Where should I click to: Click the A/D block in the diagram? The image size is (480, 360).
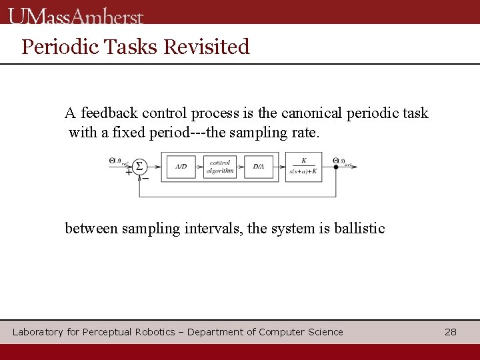181,166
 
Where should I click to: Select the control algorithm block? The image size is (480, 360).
219,166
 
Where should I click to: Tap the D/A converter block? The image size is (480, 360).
258,166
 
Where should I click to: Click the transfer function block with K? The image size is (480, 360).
303,165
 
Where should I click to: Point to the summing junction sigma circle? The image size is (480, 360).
139,166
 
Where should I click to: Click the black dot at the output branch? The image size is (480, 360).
335,166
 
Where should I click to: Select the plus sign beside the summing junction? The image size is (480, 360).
128,171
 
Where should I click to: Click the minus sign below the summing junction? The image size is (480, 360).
145,178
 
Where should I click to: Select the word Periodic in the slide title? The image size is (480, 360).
53,47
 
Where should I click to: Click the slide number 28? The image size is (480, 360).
451,332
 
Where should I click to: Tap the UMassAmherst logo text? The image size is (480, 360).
77,15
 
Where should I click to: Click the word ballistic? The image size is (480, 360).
359,228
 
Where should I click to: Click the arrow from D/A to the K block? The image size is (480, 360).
279,166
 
